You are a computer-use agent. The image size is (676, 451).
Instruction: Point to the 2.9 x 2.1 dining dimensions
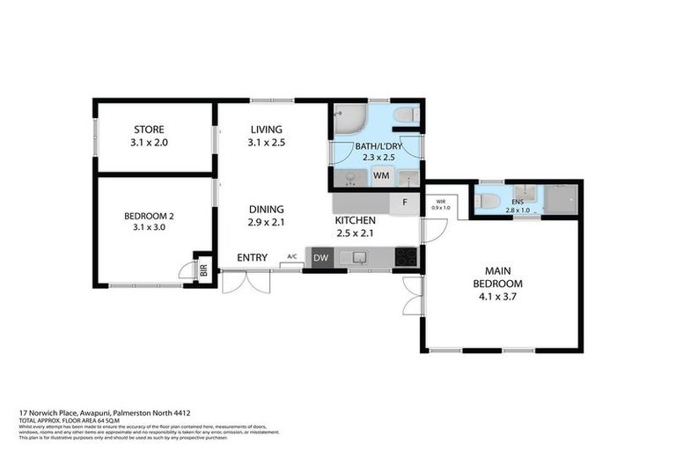(x=267, y=221)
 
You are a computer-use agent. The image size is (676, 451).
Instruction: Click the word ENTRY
(x=253, y=257)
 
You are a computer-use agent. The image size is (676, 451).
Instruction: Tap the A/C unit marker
(x=291, y=258)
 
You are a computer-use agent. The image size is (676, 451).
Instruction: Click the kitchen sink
(x=358, y=258)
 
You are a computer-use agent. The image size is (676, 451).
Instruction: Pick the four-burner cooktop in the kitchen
(x=406, y=257)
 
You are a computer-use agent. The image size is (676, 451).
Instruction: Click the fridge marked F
(x=404, y=203)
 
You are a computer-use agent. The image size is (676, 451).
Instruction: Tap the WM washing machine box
(x=381, y=177)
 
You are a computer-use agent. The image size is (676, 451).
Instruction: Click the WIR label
(x=438, y=201)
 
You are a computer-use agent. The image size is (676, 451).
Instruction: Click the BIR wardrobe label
(x=203, y=271)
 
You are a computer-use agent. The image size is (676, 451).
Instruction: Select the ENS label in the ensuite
(x=518, y=202)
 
